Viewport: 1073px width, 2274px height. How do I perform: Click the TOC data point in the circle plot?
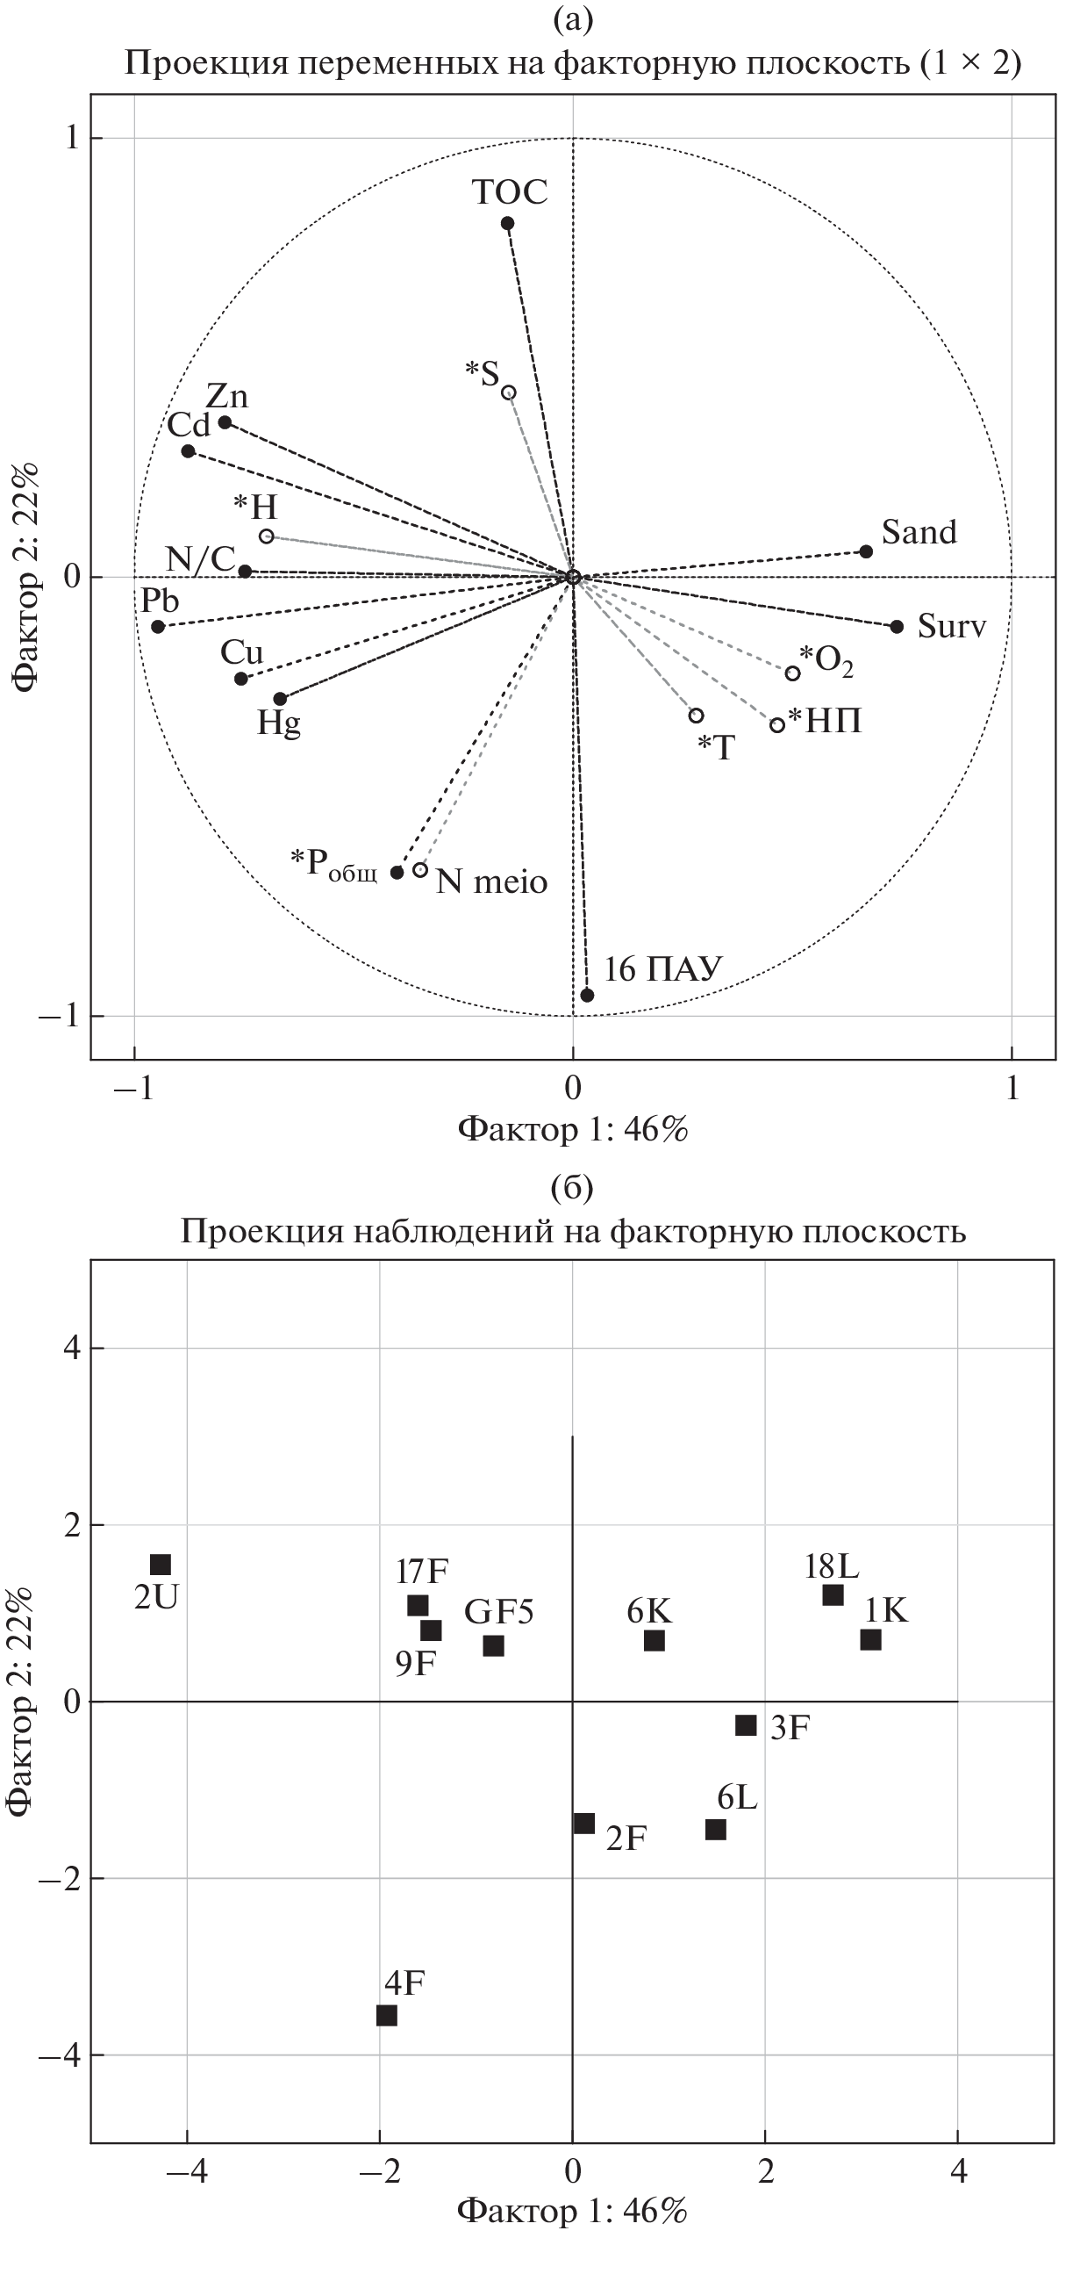click(x=507, y=223)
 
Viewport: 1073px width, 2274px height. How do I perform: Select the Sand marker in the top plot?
click(x=866, y=551)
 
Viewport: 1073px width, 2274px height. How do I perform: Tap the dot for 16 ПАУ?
click(x=587, y=995)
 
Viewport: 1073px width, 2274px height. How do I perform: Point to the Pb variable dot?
click(x=158, y=627)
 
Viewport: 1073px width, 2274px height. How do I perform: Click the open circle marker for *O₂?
click(x=792, y=673)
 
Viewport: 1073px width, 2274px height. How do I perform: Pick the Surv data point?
click(x=897, y=627)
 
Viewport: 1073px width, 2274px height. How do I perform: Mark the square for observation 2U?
click(x=161, y=1565)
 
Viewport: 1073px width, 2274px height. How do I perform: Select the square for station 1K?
click(x=871, y=1640)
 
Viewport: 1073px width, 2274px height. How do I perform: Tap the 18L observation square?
click(x=833, y=1595)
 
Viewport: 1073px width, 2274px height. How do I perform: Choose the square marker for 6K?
click(x=654, y=1641)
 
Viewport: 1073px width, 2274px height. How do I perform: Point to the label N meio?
click(x=491, y=881)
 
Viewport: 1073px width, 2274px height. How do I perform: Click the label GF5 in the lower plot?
click(x=498, y=1612)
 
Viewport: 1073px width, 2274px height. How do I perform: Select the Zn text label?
click(x=226, y=396)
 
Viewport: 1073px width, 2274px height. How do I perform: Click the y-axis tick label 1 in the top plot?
click(x=71, y=139)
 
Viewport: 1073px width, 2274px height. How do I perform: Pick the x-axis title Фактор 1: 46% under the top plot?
click(x=572, y=1129)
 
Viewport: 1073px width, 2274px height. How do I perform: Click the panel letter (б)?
click(x=572, y=1188)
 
